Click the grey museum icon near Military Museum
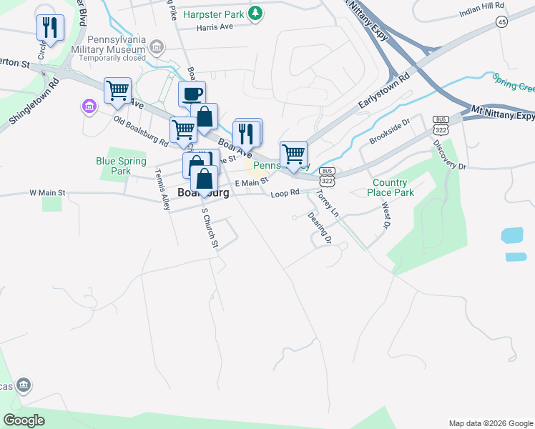click(158, 48)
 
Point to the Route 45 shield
click(501, 23)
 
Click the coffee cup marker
click(192, 94)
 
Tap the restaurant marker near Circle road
click(50, 28)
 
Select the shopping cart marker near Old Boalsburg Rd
click(117, 91)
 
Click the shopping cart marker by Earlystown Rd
click(293, 154)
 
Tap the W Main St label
click(47, 193)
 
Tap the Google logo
click(24, 420)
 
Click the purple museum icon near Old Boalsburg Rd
click(89, 107)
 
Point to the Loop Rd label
click(285, 193)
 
